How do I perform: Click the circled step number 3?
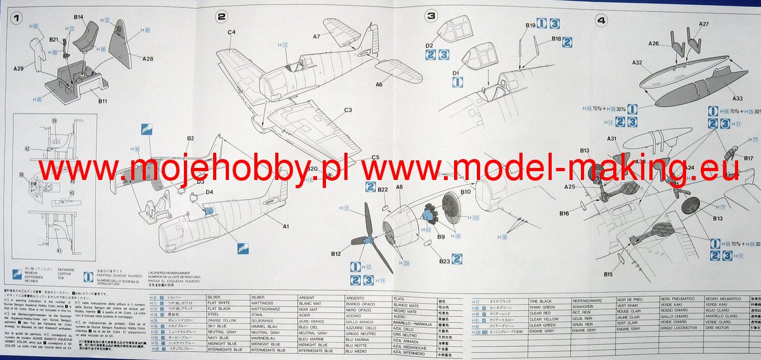coord(431,16)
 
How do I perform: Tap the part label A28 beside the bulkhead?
coord(147,59)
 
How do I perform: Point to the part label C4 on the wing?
coord(231,32)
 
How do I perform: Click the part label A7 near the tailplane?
coord(316,37)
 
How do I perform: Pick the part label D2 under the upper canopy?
coord(429,46)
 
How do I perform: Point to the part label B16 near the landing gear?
coord(564,214)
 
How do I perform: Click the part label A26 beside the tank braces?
coord(654,44)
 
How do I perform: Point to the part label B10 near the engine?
coord(465,191)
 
